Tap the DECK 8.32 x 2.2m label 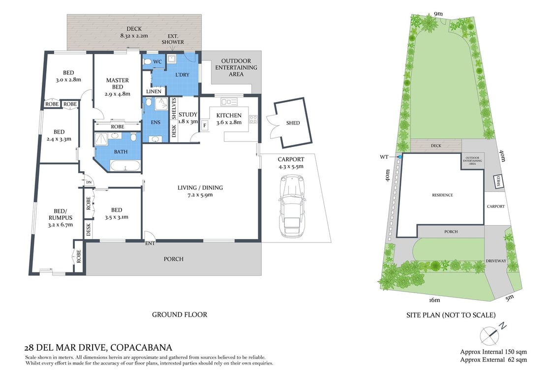tap(134, 32)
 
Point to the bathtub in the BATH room tap(124, 167)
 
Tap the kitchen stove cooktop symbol tap(253, 119)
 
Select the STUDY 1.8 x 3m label tap(188, 118)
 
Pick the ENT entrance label tap(151, 243)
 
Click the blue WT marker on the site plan tap(399, 157)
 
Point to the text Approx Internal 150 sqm tap(493, 352)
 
